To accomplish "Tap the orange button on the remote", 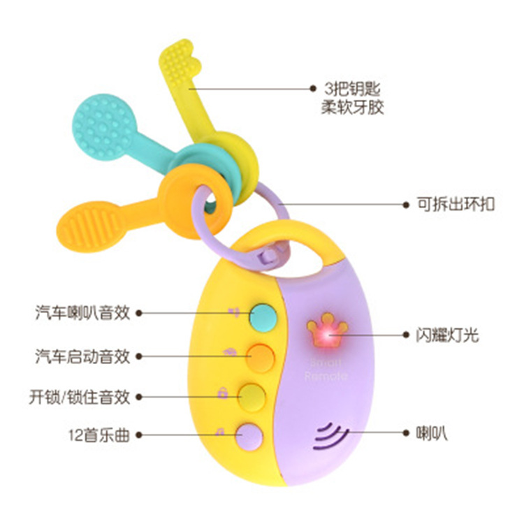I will tap(261, 356).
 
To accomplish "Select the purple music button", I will tap(249, 435).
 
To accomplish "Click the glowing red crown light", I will tap(323, 337).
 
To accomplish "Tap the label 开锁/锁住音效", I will tap(80, 397).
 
